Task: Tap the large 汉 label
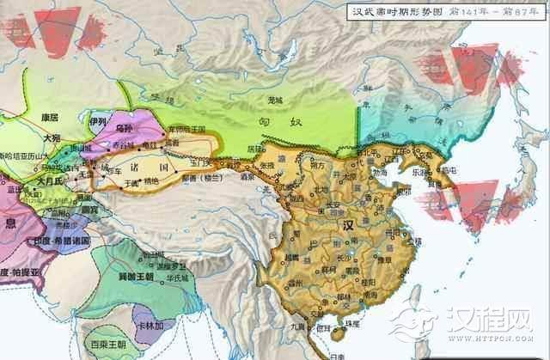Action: (x=348, y=224)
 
